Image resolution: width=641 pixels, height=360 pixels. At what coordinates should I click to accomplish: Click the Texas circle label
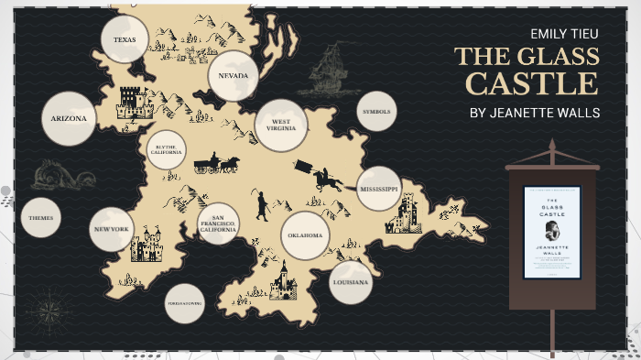click(x=125, y=39)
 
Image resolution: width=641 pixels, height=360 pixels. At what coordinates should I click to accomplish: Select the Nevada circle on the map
click(x=234, y=76)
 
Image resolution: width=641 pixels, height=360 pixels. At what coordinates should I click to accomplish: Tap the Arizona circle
click(x=69, y=119)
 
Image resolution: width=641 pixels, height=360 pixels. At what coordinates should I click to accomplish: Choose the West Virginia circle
click(x=281, y=125)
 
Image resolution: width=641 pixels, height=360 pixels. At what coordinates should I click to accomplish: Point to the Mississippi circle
click(x=378, y=189)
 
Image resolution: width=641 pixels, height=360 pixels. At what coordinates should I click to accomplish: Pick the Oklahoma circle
click(x=305, y=235)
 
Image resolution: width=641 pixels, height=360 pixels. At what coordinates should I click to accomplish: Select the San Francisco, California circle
click(x=218, y=224)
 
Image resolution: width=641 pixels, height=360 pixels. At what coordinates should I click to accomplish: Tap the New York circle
click(x=113, y=230)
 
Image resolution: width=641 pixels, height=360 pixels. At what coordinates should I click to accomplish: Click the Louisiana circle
click(x=352, y=282)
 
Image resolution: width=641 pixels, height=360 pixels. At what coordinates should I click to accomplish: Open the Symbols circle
click(x=375, y=112)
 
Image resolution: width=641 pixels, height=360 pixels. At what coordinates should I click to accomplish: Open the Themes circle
click(x=40, y=218)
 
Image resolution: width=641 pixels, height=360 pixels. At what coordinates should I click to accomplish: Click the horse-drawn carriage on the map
click(x=216, y=164)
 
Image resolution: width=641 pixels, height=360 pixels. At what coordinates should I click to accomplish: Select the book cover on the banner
click(x=551, y=233)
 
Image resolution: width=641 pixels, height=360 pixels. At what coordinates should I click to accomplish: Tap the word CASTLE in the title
click(x=531, y=83)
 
